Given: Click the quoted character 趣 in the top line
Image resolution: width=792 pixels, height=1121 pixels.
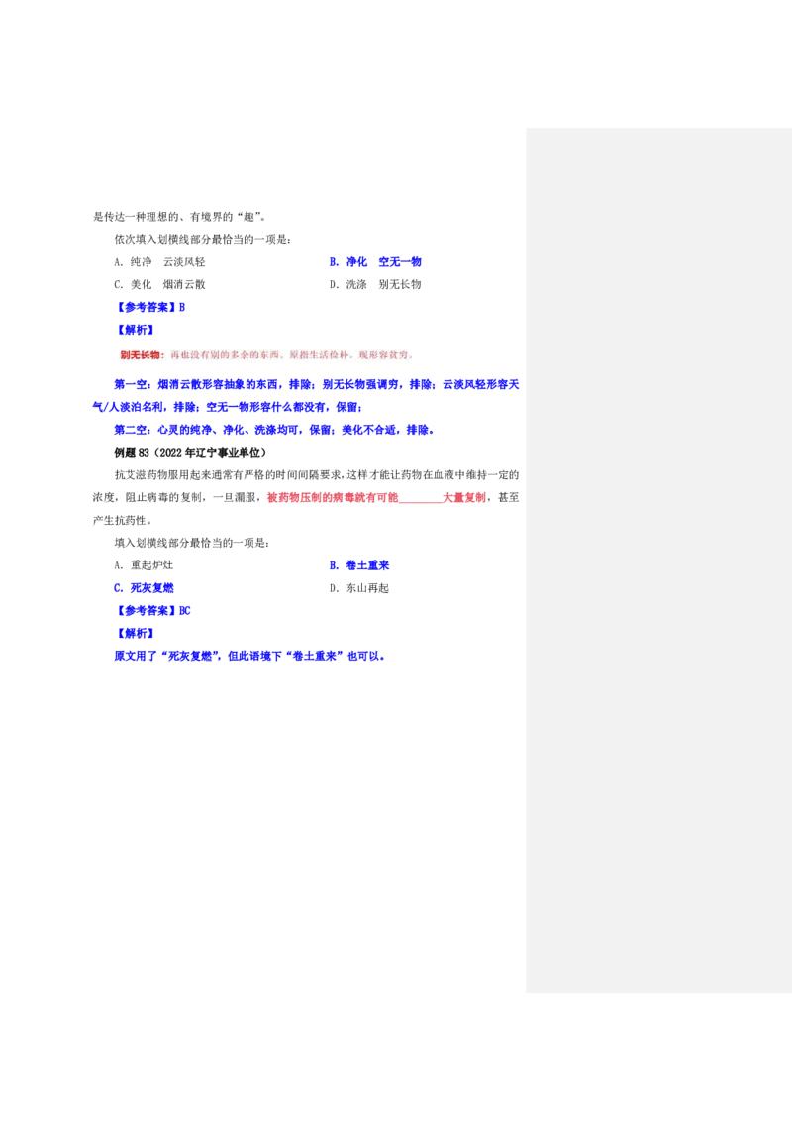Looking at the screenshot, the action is [x=248, y=217].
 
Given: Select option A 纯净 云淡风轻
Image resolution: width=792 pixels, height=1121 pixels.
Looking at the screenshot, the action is [x=159, y=262].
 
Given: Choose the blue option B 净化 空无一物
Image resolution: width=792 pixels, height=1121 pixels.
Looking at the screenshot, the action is [x=375, y=262].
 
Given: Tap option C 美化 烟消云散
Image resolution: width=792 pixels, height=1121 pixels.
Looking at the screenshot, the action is [x=159, y=284].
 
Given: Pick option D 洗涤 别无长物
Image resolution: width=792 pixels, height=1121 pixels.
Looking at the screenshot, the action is [x=375, y=284].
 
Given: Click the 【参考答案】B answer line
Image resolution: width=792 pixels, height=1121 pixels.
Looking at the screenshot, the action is [x=149, y=307].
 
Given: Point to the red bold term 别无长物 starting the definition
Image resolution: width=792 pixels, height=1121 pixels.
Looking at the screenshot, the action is [x=141, y=355].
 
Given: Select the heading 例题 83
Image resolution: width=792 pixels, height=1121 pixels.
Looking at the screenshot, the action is [x=132, y=453].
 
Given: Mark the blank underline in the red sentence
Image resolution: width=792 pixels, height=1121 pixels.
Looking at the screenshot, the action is [x=421, y=498].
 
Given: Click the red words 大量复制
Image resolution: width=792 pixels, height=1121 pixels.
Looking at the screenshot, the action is [x=464, y=497].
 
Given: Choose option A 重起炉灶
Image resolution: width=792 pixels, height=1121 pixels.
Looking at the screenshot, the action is [x=144, y=565].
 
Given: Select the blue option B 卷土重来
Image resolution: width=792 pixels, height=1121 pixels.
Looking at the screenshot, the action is [x=358, y=565].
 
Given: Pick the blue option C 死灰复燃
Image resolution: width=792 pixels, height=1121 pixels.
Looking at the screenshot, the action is [x=144, y=588].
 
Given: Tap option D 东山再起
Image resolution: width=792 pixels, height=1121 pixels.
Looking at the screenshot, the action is [x=358, y=588].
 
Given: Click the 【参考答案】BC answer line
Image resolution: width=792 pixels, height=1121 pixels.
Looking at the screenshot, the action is [x=152, y=611].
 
